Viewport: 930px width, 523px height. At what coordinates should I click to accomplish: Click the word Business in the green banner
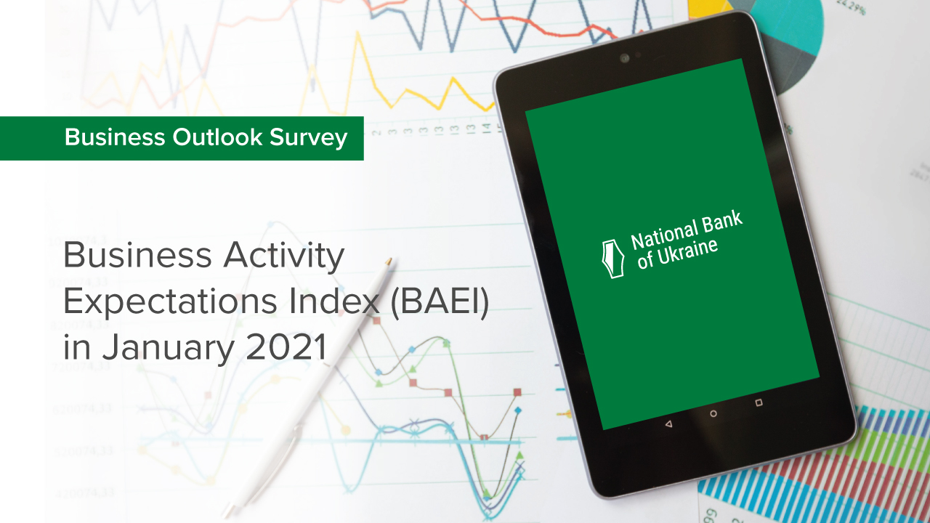(115, 137)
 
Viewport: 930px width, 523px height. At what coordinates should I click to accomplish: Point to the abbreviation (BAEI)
(440, 301)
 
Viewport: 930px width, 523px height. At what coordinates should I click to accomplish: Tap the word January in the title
(168, 348)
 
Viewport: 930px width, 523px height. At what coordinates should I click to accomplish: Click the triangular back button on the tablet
(668, 423)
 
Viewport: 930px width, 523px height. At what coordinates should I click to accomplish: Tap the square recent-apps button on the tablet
(759, 402)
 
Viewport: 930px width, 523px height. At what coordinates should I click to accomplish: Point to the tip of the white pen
(390, 259)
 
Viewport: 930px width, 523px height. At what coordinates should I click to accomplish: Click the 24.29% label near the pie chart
(852, 9)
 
